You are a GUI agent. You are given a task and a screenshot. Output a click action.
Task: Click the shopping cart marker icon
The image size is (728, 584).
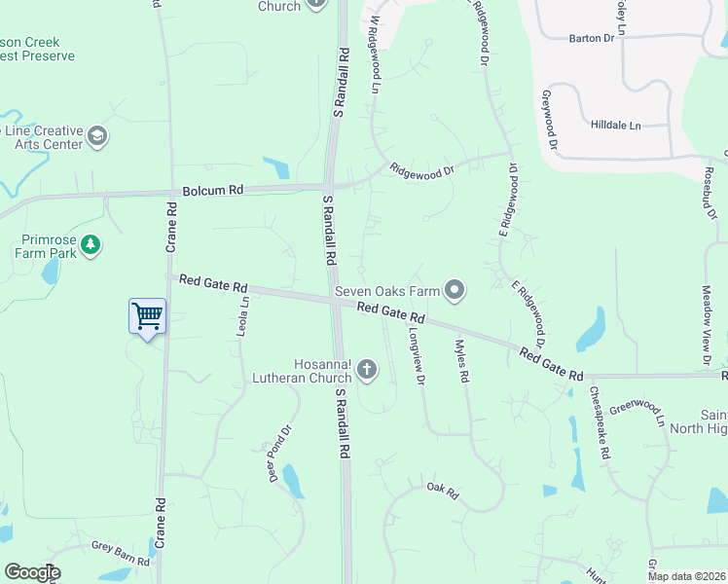point(147,315)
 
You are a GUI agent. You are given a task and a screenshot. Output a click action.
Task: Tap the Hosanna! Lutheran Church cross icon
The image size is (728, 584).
point(367,368)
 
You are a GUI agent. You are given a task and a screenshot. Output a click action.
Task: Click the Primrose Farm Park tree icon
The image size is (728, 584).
point(91,244)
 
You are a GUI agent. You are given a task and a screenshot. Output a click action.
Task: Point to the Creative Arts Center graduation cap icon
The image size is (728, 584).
point(97,136)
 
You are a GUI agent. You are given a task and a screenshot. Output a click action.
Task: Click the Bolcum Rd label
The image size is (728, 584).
point(208,190)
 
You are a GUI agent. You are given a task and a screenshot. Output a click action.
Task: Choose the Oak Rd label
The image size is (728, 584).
point(442,489)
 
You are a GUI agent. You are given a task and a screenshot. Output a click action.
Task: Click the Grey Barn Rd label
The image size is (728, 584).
point(121,554)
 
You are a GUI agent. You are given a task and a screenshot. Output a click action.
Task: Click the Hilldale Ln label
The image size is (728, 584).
point(616,126)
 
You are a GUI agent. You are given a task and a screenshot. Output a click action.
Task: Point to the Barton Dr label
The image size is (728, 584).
point(591,38)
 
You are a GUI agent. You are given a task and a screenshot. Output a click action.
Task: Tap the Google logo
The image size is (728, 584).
point(32,572)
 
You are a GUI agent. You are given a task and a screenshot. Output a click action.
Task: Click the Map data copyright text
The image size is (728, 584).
point(685,576)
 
